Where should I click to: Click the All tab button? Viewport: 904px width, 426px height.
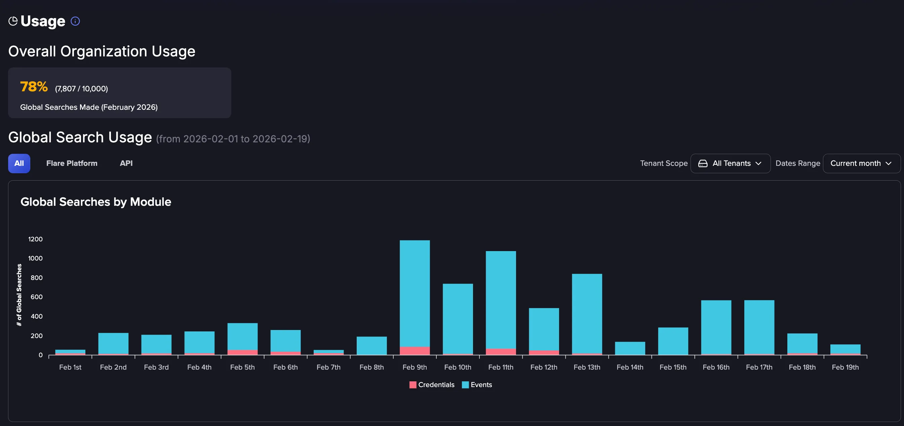point(19,163)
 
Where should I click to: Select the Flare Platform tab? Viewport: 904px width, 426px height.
point(72,163)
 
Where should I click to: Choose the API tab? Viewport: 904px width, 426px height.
point(126,163)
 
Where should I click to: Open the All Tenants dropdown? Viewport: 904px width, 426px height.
point(730,163)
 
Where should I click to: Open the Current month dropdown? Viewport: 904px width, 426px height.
point(862,163)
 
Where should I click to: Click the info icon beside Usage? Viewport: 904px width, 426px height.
point(75,21)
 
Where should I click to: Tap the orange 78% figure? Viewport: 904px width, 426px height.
point(34,87)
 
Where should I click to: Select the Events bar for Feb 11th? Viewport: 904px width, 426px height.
point(501,300)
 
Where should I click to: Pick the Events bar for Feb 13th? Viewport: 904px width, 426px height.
point(587,314)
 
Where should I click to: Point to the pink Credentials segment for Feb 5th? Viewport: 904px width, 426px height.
point(242,352)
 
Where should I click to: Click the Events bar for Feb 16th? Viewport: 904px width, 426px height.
point(716,327)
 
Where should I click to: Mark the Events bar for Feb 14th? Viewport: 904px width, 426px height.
point(630,348)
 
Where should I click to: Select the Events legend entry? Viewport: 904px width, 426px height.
point(477,385)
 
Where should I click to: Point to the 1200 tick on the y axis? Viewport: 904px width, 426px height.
point(35,239)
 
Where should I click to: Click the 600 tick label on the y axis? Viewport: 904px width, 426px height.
point(37,297)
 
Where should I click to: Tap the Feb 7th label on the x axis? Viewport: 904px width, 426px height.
point(328,367)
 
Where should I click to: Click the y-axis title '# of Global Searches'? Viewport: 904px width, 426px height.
point(19,295)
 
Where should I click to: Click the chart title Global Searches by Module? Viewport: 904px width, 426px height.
point(96,202)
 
